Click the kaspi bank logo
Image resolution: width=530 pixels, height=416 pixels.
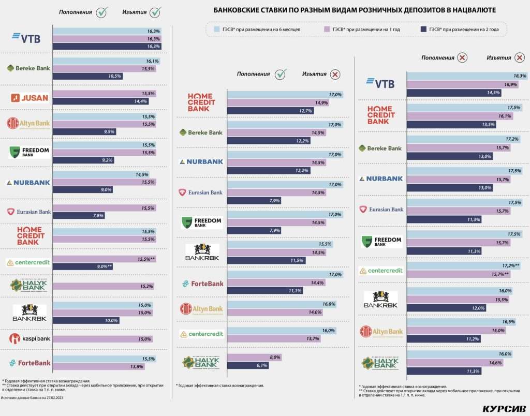(30, 339)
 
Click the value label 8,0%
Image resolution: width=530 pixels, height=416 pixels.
(275, 358)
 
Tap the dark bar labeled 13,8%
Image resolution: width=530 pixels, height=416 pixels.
(99, 367)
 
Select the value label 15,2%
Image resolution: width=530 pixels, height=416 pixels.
(145, 286)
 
